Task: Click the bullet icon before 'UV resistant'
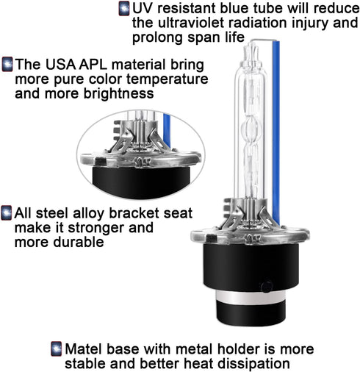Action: pos(124,9)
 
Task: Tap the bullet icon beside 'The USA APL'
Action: pos(7,65)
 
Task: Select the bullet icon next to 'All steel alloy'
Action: pos(7,212)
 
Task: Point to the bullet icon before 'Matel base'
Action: pos(57,348)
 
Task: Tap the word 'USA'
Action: pos(60,65)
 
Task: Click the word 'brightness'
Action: pos(119,93)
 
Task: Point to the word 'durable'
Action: pos(79,242)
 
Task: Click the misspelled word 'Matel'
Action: pos(84,348)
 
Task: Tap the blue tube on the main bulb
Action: pos(276,132)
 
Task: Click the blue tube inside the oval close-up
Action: pos(167,130)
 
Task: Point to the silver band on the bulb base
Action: pos(251,297)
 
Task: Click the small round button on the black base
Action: pos(267,287)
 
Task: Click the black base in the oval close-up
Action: pos(141,180)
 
